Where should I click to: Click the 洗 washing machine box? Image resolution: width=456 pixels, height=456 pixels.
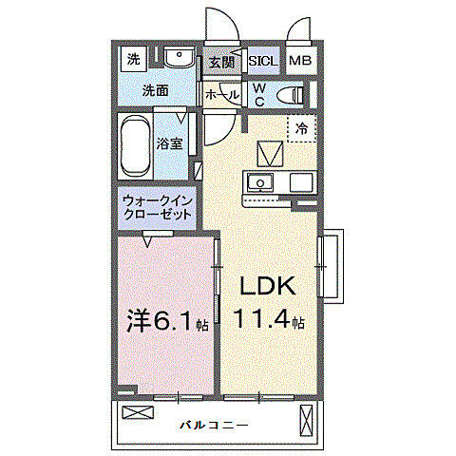coord(133,59)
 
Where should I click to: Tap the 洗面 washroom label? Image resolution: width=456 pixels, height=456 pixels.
coord(156,90)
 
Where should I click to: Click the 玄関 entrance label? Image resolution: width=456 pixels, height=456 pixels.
coord(220,62)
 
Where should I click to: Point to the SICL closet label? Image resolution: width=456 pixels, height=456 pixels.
coord(262,62)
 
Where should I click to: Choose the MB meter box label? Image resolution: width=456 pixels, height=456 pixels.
coord(299,62)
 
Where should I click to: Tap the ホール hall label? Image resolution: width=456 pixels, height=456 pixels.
coord(221,95)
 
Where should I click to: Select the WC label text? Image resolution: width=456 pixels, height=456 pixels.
coord(259,95)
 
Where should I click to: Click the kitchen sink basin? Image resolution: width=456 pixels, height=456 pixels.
coord(259,181)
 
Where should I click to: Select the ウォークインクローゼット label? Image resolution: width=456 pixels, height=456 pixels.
coord(158,207)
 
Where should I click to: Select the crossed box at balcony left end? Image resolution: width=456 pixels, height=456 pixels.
coord(137,413)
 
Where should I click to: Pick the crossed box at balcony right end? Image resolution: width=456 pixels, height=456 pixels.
coord(306,417)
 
